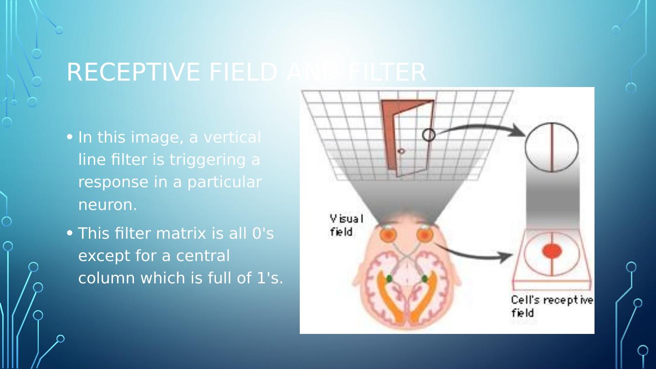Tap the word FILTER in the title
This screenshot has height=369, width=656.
tap(387, 72)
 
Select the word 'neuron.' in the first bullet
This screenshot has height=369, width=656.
tap(108, 205)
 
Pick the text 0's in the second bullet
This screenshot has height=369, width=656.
tap(263, 233)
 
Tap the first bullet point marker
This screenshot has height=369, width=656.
tap(70, 137)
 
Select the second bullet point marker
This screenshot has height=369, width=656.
tap(70, 233)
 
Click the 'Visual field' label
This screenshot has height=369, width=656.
tap(346, 225)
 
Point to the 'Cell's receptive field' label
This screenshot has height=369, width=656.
tap(551, 306)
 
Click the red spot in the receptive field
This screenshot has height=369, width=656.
tap(552, 251)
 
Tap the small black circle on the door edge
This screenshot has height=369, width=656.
tap(429, 135)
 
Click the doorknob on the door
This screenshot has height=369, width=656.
tap(401, 151)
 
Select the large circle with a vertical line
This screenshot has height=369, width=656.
tap(552, 147)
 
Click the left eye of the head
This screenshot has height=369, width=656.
tap(389, 234)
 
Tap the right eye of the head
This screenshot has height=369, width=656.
tap(425, 234)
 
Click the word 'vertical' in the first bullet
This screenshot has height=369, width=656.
tap(232, 137)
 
